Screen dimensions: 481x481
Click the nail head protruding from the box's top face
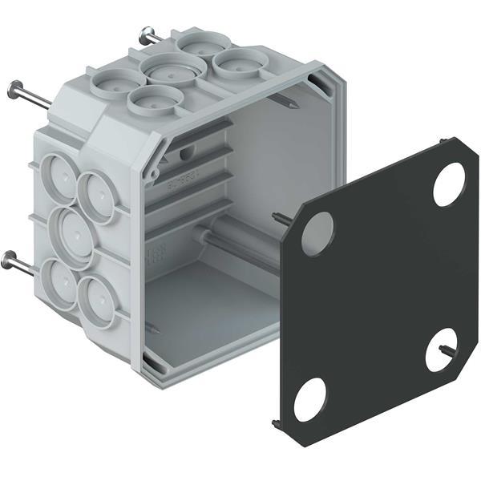(148, 34)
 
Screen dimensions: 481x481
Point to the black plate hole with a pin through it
(440, 350)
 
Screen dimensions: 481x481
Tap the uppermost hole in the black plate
(449, 184)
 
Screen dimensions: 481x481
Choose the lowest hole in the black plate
(309, 399)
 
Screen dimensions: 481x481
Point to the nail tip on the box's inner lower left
(153, 326)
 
